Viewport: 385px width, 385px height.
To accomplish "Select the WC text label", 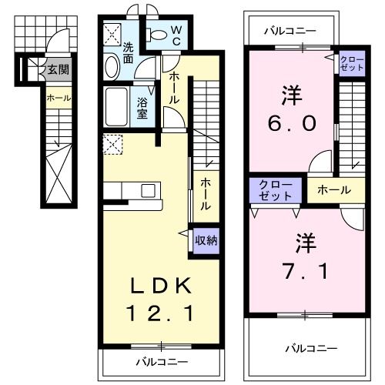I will point(176,34).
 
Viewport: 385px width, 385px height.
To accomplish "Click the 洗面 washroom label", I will point(129,52).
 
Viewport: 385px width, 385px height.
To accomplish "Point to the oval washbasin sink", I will point(112,67).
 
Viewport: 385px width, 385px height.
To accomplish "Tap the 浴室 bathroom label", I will point(143,106).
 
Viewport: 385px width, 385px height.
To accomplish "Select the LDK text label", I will point(160,286).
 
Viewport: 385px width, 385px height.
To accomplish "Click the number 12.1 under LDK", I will point(160,313).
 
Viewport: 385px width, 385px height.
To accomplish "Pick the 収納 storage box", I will point(206,240).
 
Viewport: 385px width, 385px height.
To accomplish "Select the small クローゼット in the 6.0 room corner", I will point(350,62).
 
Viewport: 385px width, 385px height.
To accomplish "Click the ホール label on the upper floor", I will point(335,189).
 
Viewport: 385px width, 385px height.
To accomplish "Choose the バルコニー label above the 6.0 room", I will point(289,32).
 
